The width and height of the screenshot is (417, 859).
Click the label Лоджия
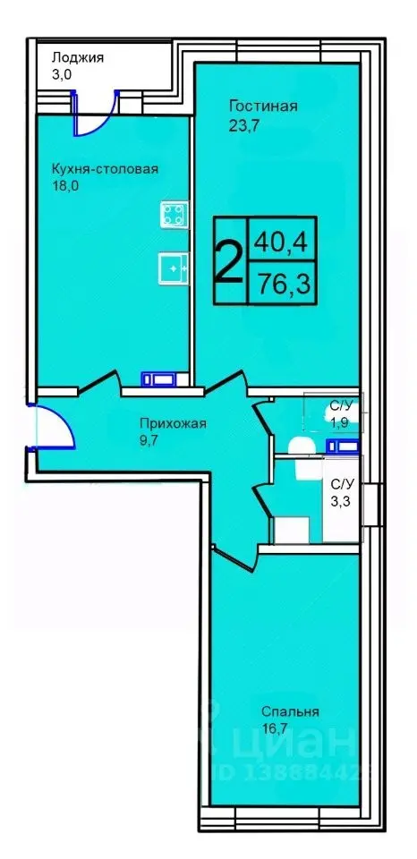point(78,57)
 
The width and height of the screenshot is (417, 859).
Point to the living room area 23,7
point(243,125)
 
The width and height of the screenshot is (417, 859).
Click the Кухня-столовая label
point(105,168)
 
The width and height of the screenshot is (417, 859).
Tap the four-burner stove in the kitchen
point(174,214)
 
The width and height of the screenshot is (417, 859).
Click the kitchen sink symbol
point(173,266)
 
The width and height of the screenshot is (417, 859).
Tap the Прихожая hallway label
point(173,424)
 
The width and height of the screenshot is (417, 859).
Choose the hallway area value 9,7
point(149,441)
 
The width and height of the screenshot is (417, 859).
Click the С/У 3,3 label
point(342,492)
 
